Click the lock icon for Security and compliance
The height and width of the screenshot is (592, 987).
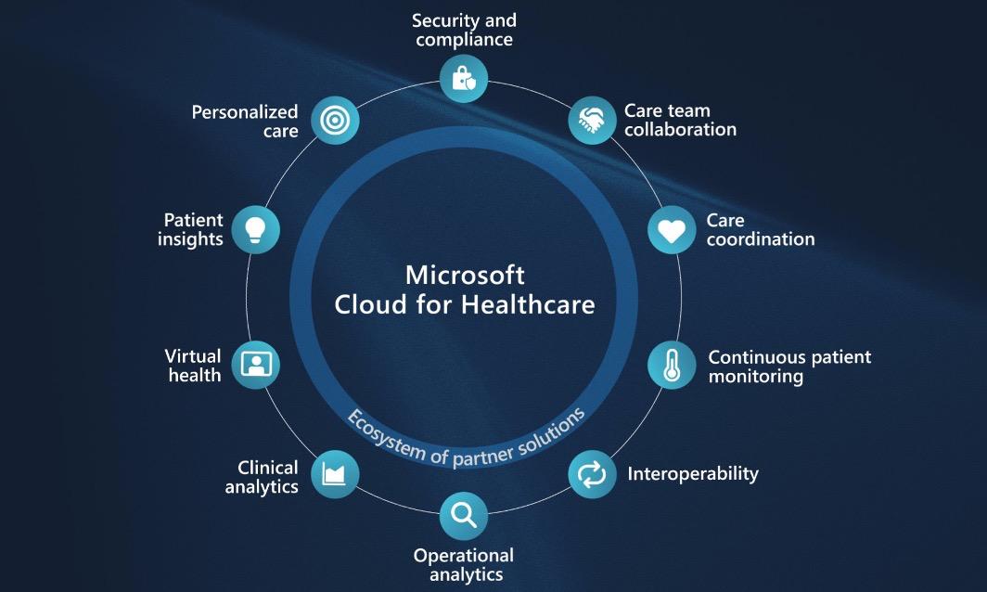(x=463, y=79)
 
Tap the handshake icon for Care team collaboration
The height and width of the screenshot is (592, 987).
(x=592, y=121)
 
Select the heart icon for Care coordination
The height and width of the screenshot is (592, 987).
(x=672, y=230)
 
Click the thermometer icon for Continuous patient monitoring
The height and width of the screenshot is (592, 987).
(x=672, y=366)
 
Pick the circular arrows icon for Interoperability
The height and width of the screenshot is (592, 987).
(x=592, y=474)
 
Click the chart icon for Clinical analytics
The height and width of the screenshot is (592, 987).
(x=335, y=474)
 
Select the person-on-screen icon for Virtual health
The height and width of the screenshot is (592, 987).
(x=256, y=366)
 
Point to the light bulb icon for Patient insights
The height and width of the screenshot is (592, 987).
(x=256, y=230)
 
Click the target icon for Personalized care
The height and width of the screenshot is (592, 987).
(x=335, y=121)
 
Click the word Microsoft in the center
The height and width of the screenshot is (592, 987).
(x=465, y=276)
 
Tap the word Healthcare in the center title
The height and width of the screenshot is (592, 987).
(x=528, y=305)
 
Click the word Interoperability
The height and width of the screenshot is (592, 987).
(x=693, y=474)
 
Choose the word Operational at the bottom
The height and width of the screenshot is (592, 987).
(x=463, y=556)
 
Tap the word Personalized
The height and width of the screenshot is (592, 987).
(x=244, y=112)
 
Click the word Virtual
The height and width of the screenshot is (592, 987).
(x=193, y=356)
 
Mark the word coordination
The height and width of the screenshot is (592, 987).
(x=761, y=239)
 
